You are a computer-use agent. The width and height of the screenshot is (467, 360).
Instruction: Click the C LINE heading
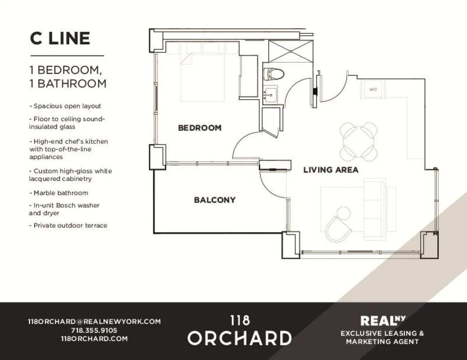click(60, 39)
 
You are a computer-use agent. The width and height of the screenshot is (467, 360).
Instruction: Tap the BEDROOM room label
click(200, 128)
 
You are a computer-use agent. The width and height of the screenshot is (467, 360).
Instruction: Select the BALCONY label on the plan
click(215, 200)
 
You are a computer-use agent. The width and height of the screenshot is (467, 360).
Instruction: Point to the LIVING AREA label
click(331, 170)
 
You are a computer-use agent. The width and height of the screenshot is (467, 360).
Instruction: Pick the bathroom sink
click(270, 95)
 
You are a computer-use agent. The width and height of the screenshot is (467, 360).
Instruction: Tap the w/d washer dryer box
click(373, 90)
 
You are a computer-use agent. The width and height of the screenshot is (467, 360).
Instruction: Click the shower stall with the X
click(291, 51)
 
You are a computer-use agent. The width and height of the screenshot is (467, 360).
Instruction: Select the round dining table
click(359, 140)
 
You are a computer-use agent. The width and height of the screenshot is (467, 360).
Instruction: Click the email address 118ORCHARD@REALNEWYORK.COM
click(95, 321)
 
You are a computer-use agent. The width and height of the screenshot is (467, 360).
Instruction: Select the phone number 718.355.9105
click(95, 330)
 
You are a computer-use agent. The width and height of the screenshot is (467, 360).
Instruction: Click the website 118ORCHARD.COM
click(95, 339)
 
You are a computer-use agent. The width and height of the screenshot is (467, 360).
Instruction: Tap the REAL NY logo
click(383, 321)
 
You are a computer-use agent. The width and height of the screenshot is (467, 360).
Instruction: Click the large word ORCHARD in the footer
click(239, 338)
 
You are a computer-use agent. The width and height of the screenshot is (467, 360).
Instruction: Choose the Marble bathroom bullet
click(59, 193)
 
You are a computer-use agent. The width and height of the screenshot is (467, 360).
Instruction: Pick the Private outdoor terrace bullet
click(68, 225)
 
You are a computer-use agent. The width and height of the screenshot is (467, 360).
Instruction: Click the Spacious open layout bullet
click(65, 106)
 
